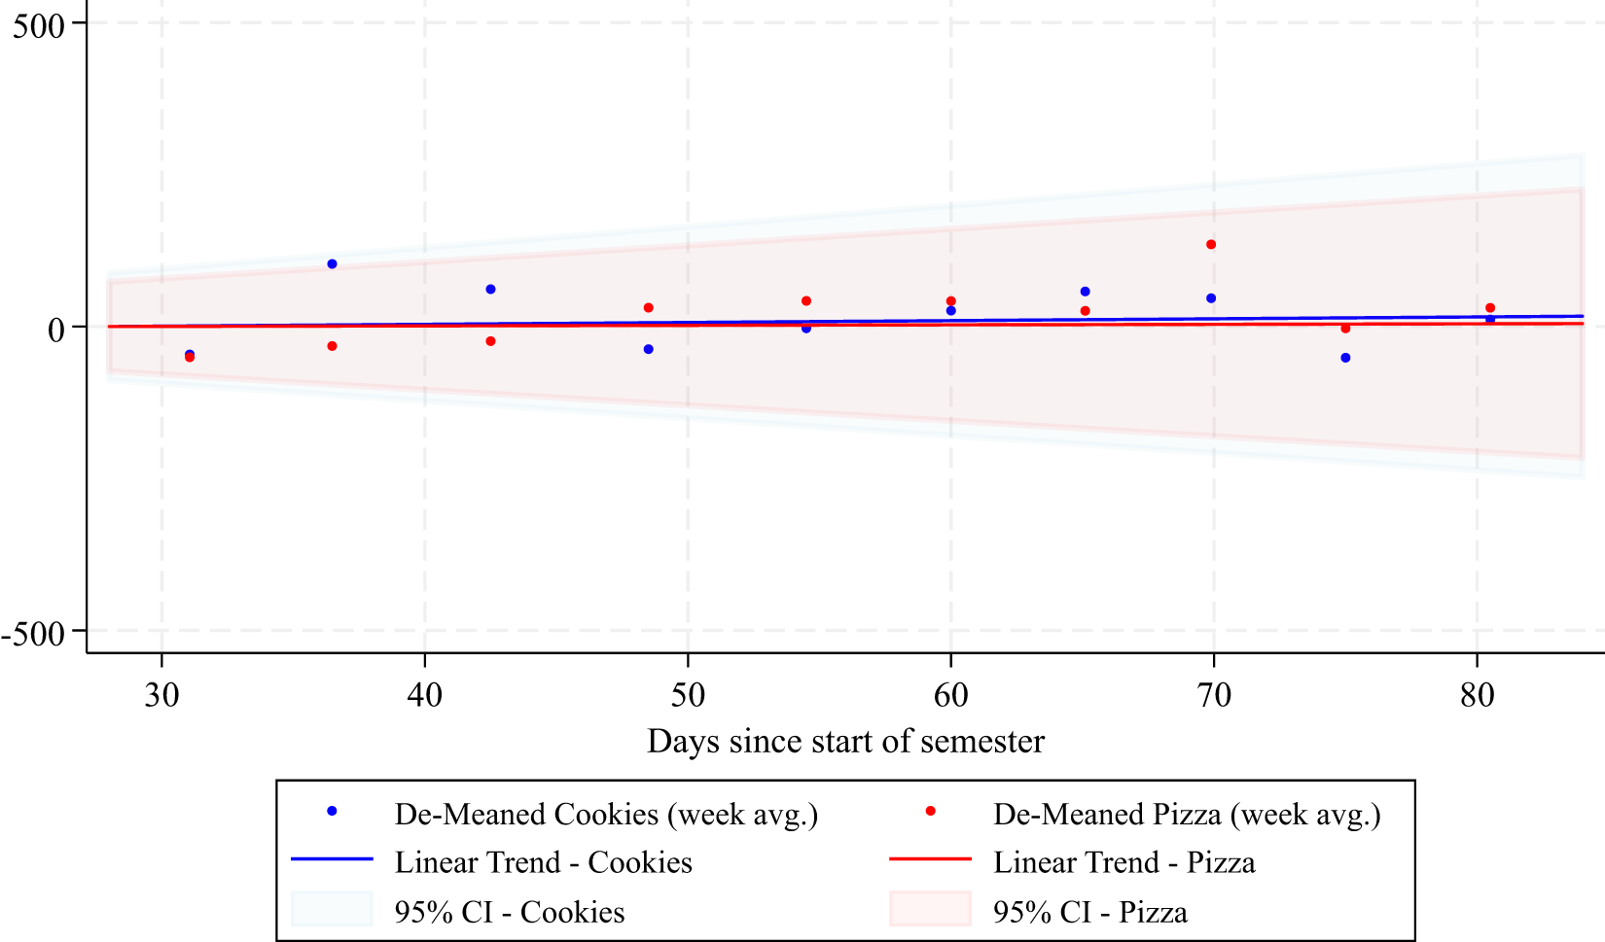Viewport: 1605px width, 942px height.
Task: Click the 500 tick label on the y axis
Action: pos(38,25)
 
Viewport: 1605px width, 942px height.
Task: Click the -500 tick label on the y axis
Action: pos(33,634)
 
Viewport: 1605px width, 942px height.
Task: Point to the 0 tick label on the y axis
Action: pos(56,330)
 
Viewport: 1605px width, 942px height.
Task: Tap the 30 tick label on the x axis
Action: pos(161,695)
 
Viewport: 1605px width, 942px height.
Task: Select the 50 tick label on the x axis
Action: pos(688,695)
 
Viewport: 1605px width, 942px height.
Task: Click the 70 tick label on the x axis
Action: pos(1213,695)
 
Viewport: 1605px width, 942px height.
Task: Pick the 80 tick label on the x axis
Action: pos(1477,695)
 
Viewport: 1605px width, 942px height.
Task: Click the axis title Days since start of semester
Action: pos(845,742)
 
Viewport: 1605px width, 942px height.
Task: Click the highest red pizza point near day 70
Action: pos(1211,245)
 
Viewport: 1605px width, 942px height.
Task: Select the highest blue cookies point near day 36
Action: pos(332,264)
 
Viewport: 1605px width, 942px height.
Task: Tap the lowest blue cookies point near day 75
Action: pos(1345,358)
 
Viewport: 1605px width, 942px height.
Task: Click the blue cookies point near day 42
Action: pos(490,290)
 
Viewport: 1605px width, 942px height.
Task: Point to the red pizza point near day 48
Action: pos(649,308)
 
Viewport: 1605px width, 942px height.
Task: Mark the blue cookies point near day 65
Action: pos(1085,292)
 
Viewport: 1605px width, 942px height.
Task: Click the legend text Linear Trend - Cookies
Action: pos(543,862)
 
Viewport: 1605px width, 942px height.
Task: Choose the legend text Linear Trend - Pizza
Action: pos(1123,862)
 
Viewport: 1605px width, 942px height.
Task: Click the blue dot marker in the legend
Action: pos(332,811)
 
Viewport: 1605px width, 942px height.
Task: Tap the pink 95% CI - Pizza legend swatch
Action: pos(930,910)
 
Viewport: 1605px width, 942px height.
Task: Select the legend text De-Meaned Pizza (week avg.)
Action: pos(1187,814)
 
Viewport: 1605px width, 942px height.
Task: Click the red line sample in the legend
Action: pos(930,859)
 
